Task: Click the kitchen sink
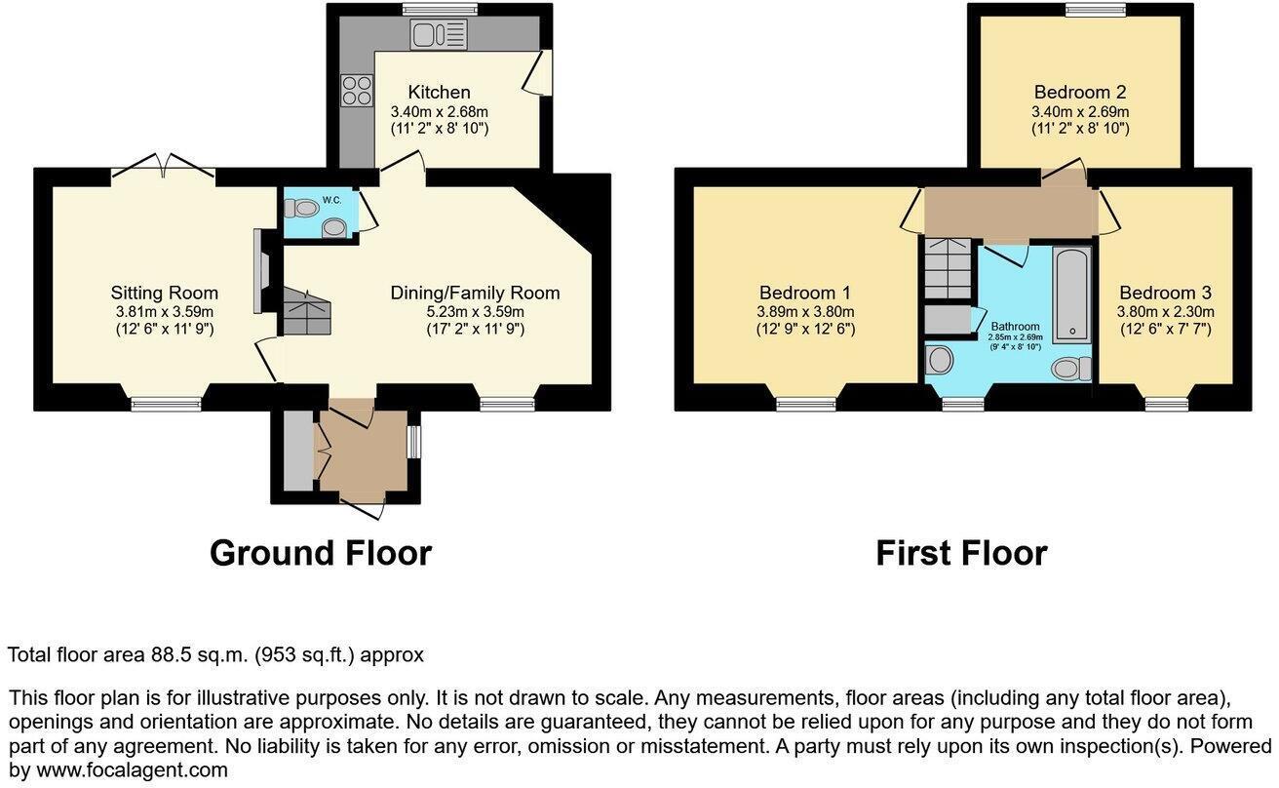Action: click(439, 35)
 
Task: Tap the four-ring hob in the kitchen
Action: click(356, 91)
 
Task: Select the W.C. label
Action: click(332, 200)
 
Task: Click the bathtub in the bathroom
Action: click(1071, 292)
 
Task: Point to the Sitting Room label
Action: click(164, 293)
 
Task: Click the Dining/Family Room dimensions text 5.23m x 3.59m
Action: click(475, 312)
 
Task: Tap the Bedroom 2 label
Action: click(1080, 93)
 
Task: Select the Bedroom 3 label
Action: click(1165, 293)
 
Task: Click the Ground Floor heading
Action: click(320, 553)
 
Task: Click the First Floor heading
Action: click(960, 553)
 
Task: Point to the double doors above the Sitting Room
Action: click(163, 167)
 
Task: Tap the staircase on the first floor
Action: click(948, 268)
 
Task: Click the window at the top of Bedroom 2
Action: click(1095, 11)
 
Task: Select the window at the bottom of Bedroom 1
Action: click(806, 403)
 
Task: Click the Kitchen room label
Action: click(439, 93)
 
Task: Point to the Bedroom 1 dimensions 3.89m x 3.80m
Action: click(805, 312)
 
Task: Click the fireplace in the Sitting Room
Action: click(257, 272)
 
